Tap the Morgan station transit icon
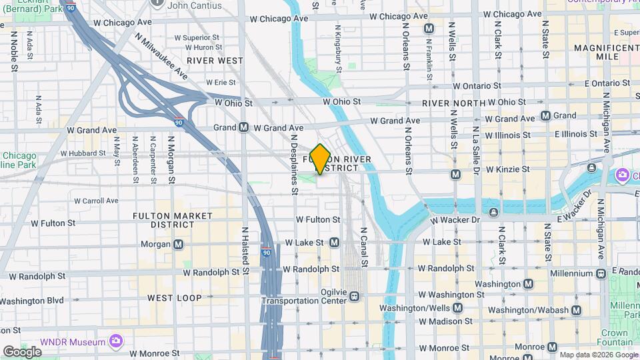tap(178, 244)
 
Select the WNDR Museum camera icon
tap(116, 341)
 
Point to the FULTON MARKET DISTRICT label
tap(173, 220)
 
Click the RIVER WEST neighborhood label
tap(215, 61)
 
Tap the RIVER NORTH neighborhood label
tap(453, 103)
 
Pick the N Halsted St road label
tap(245, 250)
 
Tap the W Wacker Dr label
tap(455, 220)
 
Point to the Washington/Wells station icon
tap(457, 307)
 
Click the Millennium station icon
tap(601, 273)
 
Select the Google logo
tap(22, 351)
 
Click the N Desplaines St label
tap(294, 171)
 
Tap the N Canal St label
tap(364, 247)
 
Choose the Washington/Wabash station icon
tap(576, 310)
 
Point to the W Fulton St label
tap(318, 219)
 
